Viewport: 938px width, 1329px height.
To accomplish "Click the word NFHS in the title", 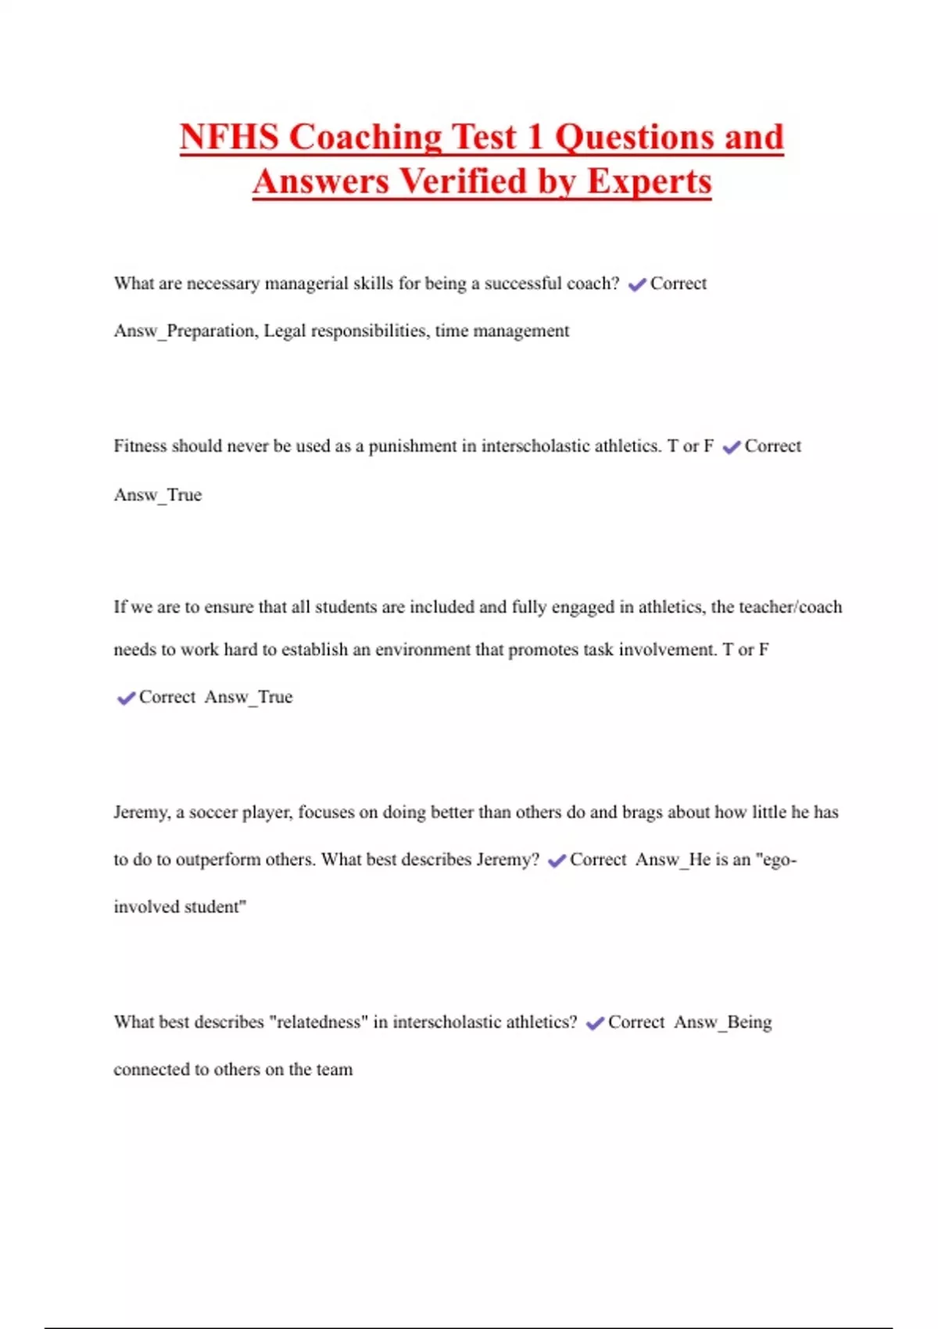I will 229,138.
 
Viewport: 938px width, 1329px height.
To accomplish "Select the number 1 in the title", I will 535,138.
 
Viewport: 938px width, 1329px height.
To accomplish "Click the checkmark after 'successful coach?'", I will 637,285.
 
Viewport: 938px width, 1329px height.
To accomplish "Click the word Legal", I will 285,331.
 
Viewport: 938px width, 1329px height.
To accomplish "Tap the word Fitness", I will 140,446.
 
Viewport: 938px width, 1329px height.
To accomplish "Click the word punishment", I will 412,446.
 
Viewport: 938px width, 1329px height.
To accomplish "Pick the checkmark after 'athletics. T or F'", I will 732,447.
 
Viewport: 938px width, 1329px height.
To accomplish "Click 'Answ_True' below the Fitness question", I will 158,495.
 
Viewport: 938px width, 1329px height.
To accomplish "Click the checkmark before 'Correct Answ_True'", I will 126,698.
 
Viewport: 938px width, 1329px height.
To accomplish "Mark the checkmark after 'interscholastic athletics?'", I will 595,1023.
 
